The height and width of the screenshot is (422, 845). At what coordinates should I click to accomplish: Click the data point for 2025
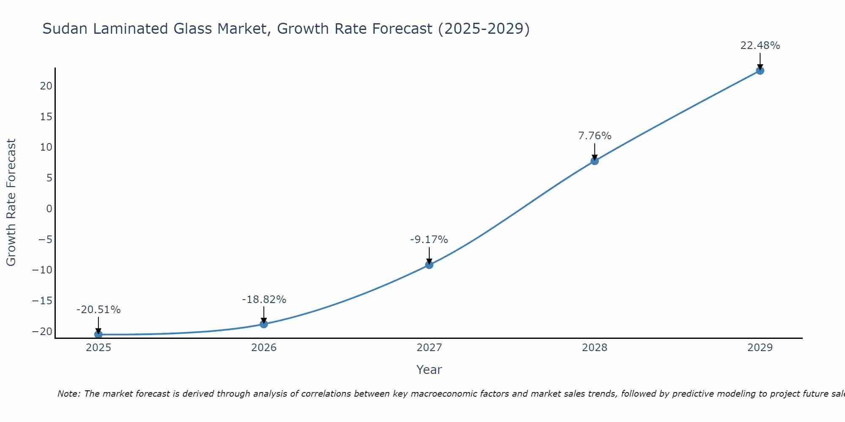click(98, 334)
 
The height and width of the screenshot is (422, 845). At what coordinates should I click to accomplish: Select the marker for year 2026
click(264, 324)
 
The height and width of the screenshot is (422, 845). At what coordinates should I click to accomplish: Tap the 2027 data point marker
click(429, 265)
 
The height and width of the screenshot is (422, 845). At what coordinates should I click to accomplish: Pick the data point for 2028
click(594, 161)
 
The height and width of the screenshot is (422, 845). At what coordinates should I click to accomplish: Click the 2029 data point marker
click(760, 70)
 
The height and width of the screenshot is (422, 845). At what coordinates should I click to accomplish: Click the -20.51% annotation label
click(98, 310)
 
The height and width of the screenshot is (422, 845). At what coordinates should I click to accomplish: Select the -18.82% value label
click(264, 300)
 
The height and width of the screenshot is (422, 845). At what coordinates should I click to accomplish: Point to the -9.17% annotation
click(429, 240)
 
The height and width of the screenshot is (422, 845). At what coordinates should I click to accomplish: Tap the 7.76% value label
click(594, 136)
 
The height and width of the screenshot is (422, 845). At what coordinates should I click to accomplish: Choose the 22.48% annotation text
click(760, 46)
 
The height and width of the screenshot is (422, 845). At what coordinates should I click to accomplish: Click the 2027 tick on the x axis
click(429, 348)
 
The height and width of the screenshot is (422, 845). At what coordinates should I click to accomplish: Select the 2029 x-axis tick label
click(760, 348)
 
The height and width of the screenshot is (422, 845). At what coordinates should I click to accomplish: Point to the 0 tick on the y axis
click(49, 209)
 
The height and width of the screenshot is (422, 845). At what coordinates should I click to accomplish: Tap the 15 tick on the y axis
click(46, 117)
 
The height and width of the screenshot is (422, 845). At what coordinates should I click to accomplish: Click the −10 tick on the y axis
click(42, 270)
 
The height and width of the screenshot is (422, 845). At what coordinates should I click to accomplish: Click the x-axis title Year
click(429, 370)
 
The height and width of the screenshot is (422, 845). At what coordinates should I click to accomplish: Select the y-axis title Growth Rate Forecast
click(11, 203)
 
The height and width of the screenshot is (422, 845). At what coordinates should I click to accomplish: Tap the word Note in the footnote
click(68, 394)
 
